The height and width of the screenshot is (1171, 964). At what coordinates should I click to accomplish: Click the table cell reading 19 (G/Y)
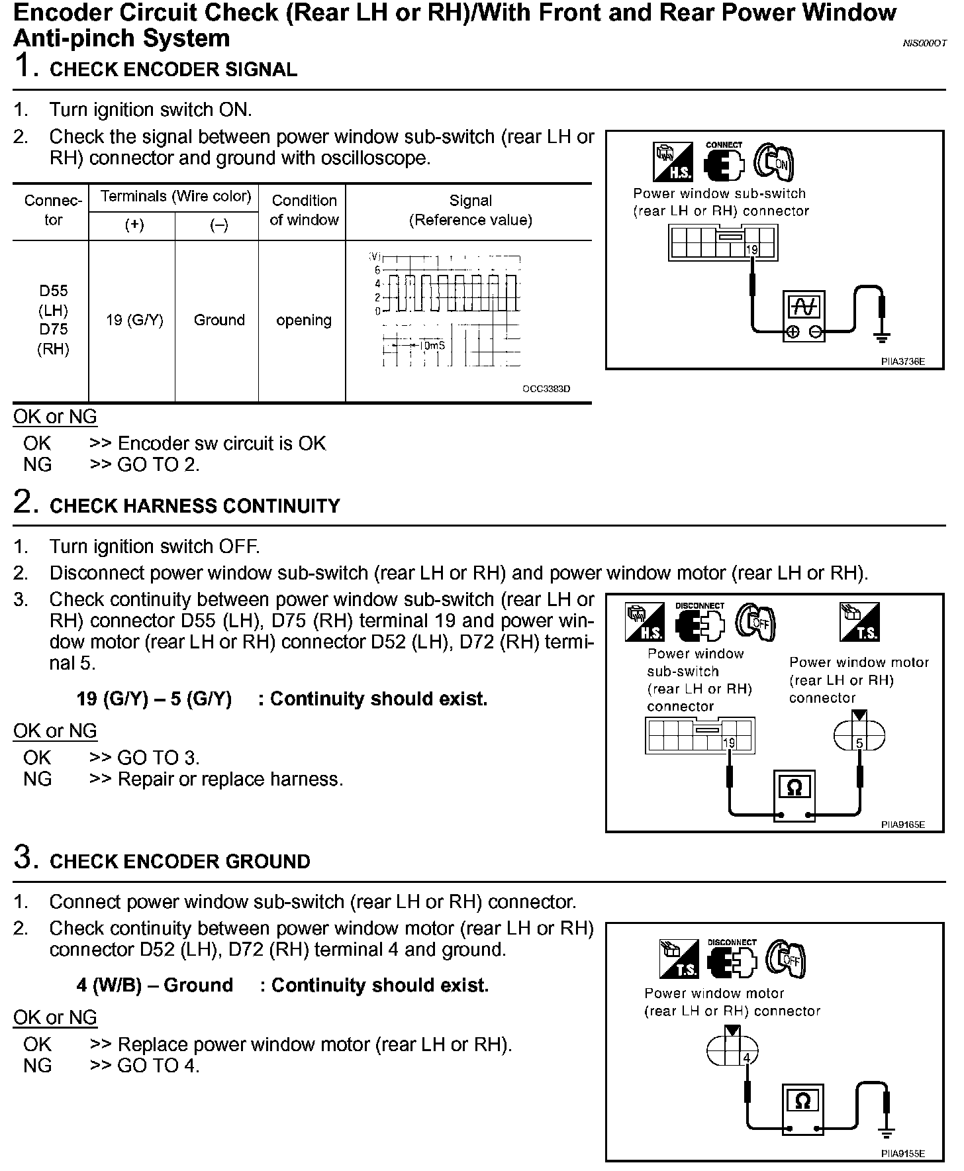134,321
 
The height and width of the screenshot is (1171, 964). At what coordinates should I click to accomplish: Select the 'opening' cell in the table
304,321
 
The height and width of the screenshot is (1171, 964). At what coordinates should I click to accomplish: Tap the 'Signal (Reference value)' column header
470,210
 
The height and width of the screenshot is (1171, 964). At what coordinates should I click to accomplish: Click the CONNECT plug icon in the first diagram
724,162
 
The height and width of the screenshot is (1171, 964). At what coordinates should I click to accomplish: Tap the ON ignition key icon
775,162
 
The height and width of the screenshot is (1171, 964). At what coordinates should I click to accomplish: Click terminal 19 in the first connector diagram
751,250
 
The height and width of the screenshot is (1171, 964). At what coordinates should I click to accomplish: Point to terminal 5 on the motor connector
859,743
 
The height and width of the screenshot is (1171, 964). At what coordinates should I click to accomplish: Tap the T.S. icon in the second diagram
859,622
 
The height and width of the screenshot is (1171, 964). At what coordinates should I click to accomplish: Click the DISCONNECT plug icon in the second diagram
700,623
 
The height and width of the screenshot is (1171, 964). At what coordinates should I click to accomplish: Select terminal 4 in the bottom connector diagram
746,1058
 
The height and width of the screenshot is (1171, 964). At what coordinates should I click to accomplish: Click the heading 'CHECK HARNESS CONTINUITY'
195,506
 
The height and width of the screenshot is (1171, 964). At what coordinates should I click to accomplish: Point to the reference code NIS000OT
925,43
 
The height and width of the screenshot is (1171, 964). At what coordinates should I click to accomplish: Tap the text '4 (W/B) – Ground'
155,986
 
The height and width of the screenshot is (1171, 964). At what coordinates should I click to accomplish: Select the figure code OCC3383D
546,389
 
